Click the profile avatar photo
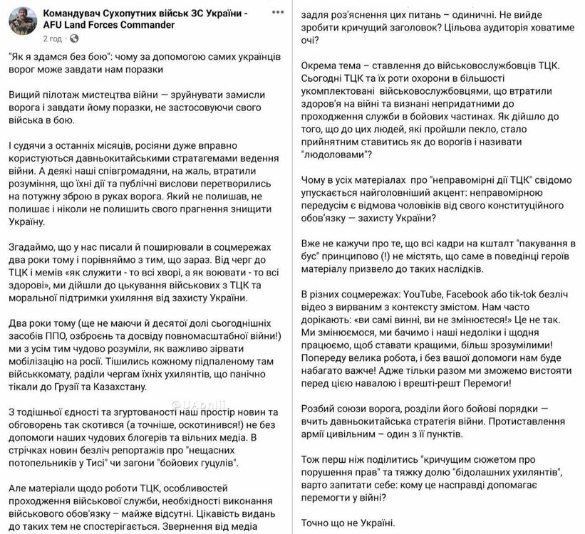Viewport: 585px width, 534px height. (22, 21)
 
